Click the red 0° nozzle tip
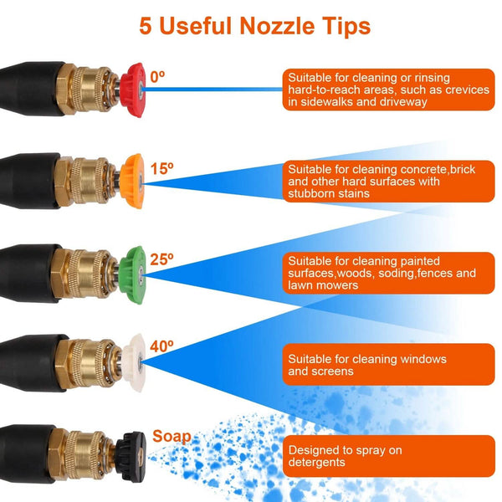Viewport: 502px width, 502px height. click(132, 90)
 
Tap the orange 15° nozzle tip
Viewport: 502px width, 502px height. click(132, 182)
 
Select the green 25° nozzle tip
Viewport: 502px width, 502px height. click(131, 275)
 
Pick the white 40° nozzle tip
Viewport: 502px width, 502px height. click(133, 363)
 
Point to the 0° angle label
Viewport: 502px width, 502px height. click(157, 77)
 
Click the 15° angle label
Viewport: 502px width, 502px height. click(161, 169)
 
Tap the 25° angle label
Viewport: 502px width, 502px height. click(161, 259)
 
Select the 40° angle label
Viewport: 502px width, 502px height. click(161, 346)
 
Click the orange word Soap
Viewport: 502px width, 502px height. click(172, 436)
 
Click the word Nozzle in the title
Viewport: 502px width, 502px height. click(277, 26)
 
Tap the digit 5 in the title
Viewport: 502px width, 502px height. click(146, 26)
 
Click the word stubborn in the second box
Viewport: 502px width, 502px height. click(311, 193)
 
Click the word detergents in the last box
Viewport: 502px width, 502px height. click(316, 463)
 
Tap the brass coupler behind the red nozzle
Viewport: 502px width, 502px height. click(89, 90)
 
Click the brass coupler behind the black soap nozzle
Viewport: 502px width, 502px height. click(82, 455)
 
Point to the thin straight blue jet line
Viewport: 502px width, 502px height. click(213, 90)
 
